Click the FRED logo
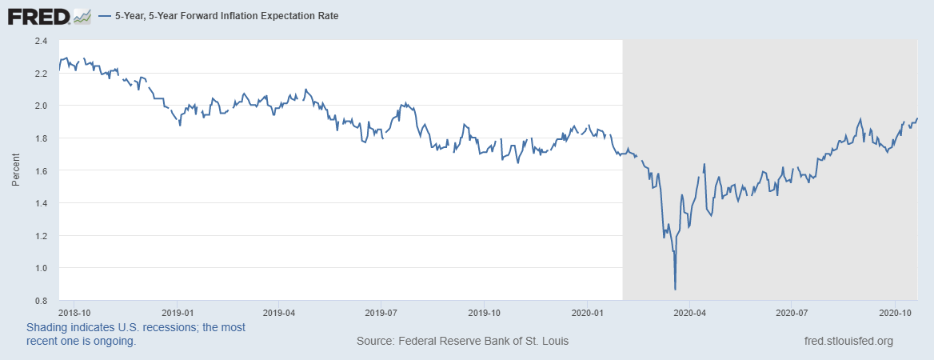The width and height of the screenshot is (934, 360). pos(38,15)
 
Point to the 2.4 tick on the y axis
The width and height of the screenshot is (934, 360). pos(41,41)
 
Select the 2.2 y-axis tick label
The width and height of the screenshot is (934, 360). pos(41,74)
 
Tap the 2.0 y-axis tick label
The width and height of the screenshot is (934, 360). pos(41,106)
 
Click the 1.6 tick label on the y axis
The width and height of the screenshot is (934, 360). pos(41,170)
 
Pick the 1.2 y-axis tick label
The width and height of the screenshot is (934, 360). pos(41,236)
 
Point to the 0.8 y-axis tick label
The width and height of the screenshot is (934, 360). pos(41,301)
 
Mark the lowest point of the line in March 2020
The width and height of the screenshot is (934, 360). pos(676,289)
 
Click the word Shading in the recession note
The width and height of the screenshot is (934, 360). pos(48,328)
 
